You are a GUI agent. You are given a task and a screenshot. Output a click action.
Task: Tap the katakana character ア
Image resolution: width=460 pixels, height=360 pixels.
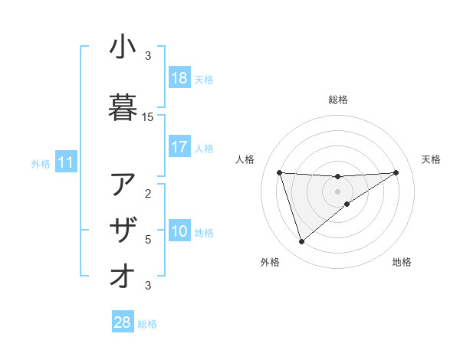[123, 184]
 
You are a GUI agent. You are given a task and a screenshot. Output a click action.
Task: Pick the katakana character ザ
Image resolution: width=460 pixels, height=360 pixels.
[123, 230]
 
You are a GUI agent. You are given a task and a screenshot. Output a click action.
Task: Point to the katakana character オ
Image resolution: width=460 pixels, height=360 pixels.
[123, 276]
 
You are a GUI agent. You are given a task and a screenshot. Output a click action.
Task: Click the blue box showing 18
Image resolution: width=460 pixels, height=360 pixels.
[179, 79]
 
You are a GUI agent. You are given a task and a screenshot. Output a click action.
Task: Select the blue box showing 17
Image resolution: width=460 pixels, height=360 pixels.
[179, 147]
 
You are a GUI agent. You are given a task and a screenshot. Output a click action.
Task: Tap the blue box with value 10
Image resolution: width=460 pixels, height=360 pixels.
[179, 232]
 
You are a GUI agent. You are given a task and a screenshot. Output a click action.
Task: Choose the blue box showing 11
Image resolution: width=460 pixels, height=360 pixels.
[65, 162]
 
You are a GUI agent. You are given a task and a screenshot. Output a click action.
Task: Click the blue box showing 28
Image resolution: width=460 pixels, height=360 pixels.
[123, 323]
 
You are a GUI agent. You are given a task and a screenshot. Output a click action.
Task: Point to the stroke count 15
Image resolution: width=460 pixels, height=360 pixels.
[148, 117]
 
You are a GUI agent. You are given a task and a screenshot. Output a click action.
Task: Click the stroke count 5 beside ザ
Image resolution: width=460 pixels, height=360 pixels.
[148, 240]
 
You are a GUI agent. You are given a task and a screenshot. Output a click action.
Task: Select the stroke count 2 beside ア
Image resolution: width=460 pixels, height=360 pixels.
[148, 193]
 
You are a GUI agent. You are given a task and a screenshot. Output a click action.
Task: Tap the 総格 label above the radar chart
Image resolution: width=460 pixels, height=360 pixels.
[338, 100]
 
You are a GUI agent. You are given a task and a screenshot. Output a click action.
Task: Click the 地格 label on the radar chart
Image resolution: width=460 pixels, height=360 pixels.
[402, 263]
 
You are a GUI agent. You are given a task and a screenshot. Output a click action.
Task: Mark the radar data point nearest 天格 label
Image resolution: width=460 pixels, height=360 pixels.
[396, 172]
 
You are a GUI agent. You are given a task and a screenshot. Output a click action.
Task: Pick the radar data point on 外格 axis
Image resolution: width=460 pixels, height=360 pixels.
[301, 242]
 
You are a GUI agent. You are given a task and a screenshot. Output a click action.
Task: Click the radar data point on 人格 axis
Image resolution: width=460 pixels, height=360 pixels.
[280, 172]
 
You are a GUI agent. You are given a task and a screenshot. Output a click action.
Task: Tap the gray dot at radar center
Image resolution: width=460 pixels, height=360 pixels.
[338, 191]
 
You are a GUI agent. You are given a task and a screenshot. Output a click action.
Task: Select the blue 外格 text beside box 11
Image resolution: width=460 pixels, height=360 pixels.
[41, 163]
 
